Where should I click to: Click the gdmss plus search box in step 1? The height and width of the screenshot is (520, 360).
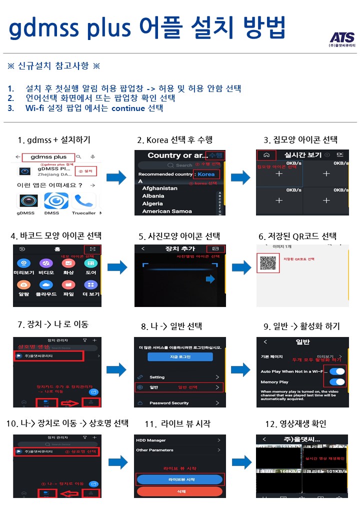[48, 157]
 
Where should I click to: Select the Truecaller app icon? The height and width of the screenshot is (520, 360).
[84, 201]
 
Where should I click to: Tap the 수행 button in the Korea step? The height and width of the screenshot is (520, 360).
[216, 155]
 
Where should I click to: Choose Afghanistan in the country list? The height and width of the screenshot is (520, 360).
[159, 188]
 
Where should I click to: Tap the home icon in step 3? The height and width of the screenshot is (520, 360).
[266, 155]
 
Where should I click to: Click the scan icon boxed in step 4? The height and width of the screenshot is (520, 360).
[92, 249]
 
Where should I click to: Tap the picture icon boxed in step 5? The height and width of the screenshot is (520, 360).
[216, 248]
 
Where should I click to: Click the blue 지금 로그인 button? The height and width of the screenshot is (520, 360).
[179, 357]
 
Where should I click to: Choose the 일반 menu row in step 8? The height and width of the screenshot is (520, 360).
[178, 387]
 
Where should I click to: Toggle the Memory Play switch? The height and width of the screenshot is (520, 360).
[337, 382]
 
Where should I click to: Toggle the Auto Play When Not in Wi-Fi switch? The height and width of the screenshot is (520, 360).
[337, 371]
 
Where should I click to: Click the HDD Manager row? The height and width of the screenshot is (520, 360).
[178, 440]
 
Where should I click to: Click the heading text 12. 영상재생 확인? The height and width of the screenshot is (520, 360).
[295, 424]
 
